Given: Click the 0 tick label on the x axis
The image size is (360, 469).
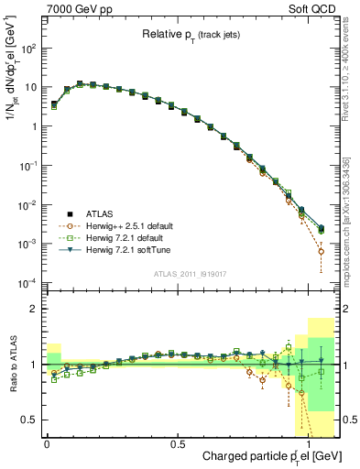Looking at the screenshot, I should coord(47,442).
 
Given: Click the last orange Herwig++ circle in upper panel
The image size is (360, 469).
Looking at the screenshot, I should coord(321,251).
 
